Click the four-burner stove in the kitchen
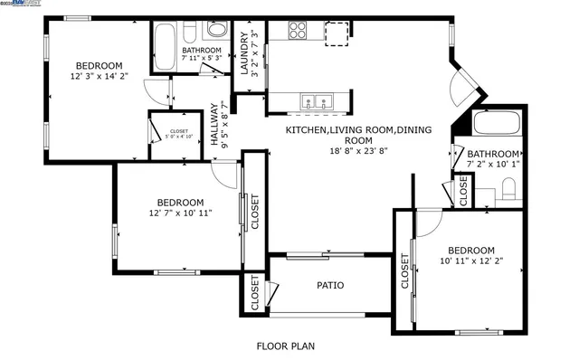(x=299, y=30)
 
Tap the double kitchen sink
(x=317, y=100)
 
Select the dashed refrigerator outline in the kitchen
(x=337, y=31)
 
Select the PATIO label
(x=329, y=286)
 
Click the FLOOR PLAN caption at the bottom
(x=285, y=346)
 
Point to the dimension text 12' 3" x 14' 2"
(x=99, y=78)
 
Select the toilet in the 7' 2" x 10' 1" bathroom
(x=508, y=190)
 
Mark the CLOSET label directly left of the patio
(x=255, y=293)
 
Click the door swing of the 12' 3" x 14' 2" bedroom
(x=159, y=90)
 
